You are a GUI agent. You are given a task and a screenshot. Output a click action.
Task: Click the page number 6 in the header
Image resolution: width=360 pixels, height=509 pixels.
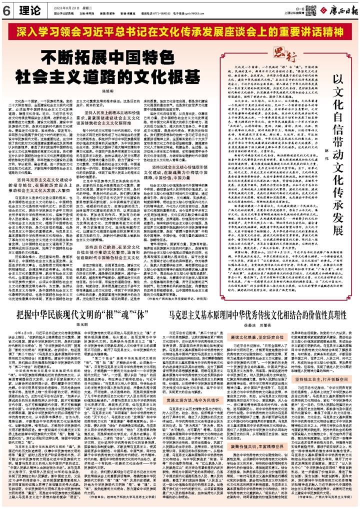coord(6,9)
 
